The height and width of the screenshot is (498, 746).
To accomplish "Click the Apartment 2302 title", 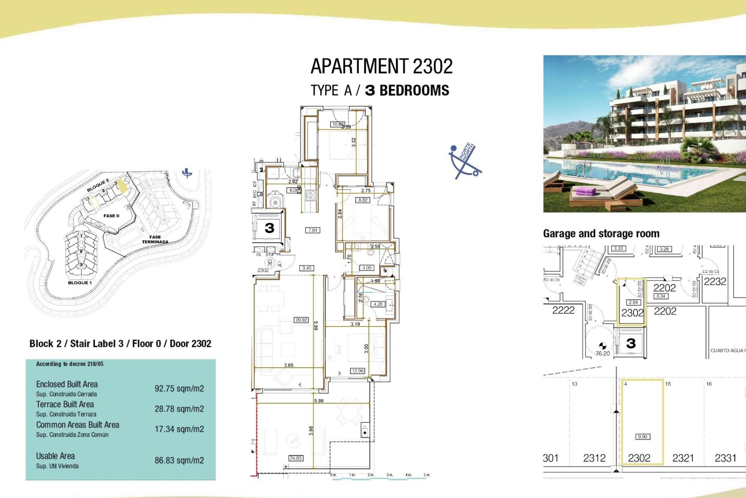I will point(382,67).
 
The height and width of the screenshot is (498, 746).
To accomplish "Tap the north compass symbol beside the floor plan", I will point(465,161).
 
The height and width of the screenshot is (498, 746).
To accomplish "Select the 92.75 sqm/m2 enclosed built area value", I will point(179,389).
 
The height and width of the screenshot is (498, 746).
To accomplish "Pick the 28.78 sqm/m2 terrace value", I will point(179,409).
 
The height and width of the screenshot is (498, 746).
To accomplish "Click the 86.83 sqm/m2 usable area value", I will point(179,461).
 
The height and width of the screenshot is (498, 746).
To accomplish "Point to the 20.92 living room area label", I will point(301,320).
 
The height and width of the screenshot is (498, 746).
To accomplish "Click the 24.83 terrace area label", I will point(296,458).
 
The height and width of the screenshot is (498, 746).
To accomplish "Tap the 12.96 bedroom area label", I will point(357,371).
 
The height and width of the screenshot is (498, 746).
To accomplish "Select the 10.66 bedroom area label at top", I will point(337,124).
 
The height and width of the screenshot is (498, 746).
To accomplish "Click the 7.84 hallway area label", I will point(313,230).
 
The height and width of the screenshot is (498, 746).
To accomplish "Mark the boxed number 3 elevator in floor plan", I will point(269,228).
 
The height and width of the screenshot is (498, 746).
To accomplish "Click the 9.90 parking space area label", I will point(643,437).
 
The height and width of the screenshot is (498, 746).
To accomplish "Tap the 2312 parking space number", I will point(594,458).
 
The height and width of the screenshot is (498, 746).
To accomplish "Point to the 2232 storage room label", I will point(715,282).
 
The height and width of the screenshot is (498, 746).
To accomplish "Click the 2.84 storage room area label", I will point(633,302).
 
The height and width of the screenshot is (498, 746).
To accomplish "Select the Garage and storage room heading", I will point(601,233).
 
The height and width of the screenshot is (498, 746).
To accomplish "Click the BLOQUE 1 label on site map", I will point(80,283).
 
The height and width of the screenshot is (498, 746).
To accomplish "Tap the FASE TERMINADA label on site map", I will point(155,239).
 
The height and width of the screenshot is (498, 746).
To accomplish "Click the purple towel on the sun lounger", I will point(586,191).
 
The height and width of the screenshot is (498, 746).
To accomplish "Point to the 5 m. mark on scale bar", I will point(427,475).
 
